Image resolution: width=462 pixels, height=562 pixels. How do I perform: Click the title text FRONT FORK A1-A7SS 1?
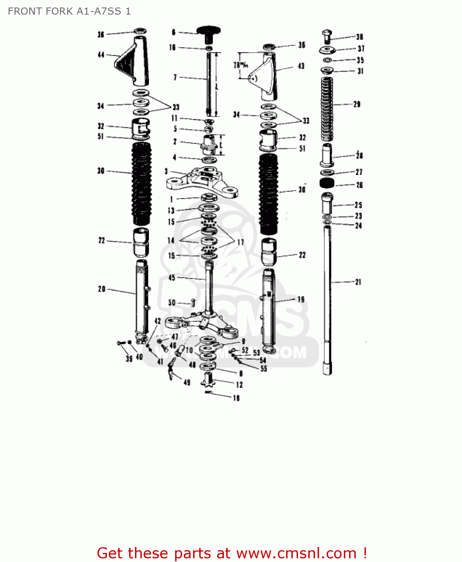tap(69, 11)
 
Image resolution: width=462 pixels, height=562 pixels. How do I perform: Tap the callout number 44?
tap(101, 55)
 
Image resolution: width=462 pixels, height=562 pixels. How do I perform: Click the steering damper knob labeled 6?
tap(209, 33)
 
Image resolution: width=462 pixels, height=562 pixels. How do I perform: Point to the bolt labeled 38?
tap(327, 36)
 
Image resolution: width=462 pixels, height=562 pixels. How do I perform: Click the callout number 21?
tap(358, 282)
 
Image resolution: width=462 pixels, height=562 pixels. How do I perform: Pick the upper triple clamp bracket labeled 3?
tap(203, 181)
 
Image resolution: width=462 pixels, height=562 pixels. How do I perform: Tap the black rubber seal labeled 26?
tap(327, 183)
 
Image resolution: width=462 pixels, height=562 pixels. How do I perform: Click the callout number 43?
tap(301, 66)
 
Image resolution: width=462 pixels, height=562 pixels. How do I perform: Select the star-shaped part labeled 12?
tap(208, 380)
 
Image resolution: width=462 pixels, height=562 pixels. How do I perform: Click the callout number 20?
tap(102, 289)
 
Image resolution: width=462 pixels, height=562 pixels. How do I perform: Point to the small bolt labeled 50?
tap(193, 302)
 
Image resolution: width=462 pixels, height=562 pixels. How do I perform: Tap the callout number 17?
tap(240, 242)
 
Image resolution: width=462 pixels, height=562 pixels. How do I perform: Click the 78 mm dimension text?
tap(241, 65)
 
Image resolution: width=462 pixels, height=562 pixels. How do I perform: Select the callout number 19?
tap(301, 299)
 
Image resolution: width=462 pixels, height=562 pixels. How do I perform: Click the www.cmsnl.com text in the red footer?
tap(296, 553)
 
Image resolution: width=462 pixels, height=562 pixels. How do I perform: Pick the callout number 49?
tap(187, 383)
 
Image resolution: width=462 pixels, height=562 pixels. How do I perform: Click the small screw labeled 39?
tap(120, 342)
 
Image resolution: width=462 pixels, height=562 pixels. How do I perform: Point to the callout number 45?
tap(172, 278)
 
